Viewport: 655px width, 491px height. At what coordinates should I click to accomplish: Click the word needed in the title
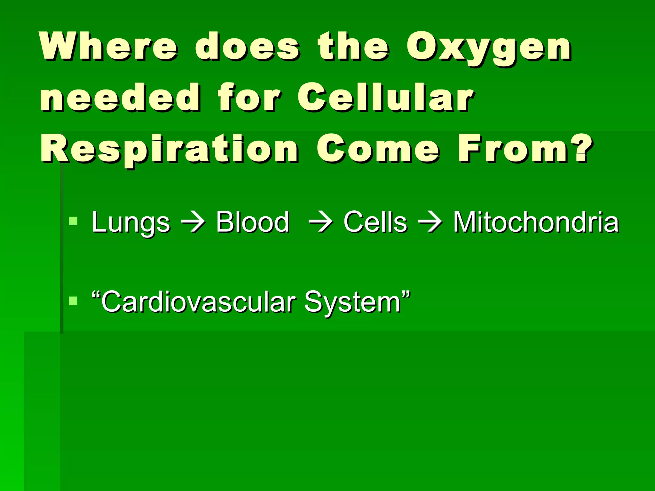tap(120, 97)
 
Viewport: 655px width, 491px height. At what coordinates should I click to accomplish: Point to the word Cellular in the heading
tap(386, 97)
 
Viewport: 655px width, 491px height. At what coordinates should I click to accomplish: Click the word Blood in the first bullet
tap(252, 222)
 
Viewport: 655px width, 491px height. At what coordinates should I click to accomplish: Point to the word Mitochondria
tap(536, 222)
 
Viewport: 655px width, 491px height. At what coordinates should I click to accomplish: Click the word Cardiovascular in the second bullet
tap(198, 302)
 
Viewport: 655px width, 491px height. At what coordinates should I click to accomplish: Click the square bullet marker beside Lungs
tap(73, 221)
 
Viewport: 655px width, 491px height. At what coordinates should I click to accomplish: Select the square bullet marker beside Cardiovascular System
tap(73, 301)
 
